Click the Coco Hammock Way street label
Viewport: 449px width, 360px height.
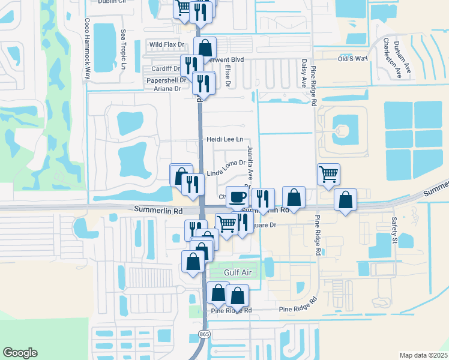pos(87,49)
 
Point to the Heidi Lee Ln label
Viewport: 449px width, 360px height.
pos(224,139)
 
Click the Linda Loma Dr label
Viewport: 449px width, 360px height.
pos(226,167)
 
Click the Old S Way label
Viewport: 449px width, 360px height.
pos(352,59)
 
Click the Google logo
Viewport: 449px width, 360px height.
pos(20,353)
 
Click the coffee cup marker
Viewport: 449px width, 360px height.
pos(237,197)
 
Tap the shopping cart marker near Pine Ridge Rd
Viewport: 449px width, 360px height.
pos(328,174)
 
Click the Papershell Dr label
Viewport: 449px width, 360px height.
pos(163,80)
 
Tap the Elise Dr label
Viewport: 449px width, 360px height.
pos(228,75)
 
